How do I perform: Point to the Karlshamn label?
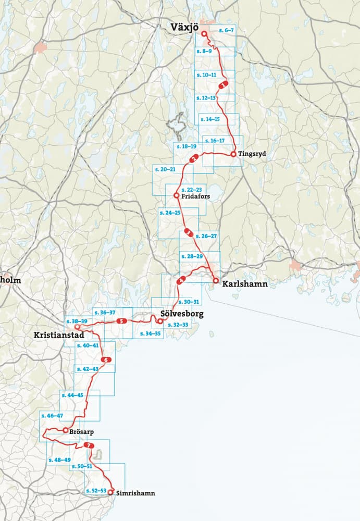click(244, 284)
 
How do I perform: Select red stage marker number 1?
click(223, 84)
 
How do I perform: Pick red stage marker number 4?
click(181, 281)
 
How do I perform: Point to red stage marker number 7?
click(90, 446)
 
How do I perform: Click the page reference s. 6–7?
click(227, 31)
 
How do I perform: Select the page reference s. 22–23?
click(192, 189)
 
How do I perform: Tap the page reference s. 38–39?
click(77, 321)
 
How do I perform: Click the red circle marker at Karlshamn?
click(215, 281)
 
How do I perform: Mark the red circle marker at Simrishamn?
click(110, 491)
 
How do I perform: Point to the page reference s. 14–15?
click(209, 119)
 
